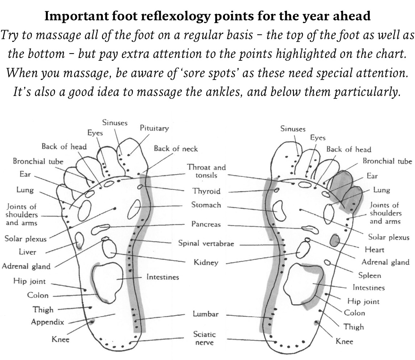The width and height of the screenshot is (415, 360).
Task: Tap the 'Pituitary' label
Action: [x=154, y=128]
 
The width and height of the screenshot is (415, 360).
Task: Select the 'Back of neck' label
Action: [x=176, y=148]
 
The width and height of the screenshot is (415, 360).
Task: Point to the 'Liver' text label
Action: [x=28, y=252]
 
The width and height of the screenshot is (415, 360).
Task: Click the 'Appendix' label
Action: [x=47, y=322]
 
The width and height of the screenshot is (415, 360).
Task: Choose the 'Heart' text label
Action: [x=375, y=250]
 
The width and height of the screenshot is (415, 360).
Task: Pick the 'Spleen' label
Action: [x=370, y=276]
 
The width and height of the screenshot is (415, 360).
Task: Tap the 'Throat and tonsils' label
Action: [x=206, y=171]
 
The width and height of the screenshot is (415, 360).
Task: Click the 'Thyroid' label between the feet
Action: [x=206, y=191]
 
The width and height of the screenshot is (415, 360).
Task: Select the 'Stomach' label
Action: [x=206, y=205]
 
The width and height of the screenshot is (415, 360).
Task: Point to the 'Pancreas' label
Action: [x=206, y=224]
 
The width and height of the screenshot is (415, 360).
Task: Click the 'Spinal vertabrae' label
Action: [x=206, y=243]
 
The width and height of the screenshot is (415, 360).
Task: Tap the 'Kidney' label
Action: [x=206, y=262]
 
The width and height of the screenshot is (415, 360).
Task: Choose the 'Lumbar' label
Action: [x=206, y=314]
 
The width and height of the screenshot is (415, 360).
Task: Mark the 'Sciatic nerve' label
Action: [x=204, y=338]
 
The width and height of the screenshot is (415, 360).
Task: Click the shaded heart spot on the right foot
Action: [x=335, y=239]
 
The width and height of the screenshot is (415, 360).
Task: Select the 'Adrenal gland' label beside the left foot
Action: [x=26, y=266]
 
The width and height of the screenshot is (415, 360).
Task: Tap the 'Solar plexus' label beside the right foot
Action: [x=389, y=237]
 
